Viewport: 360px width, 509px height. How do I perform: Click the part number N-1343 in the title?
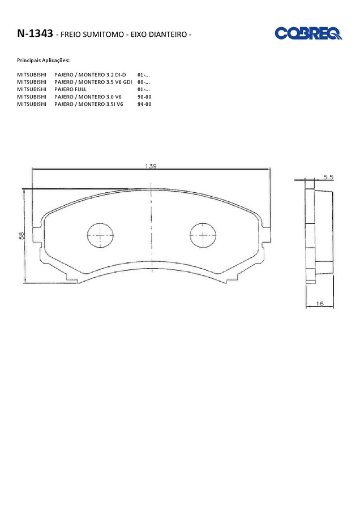point(35,33)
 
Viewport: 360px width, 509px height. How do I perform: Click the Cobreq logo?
point(308,33)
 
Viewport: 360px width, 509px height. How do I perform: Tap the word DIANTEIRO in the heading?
point(168,34)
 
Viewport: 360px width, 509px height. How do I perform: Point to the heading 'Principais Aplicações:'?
point(43,61)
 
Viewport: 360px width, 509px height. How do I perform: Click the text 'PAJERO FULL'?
point(71,89)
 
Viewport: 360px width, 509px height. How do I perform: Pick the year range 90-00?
point(144,97)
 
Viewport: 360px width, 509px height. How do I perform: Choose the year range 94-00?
point(144,104)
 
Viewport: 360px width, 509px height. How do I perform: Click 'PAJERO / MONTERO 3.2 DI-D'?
point(90,75)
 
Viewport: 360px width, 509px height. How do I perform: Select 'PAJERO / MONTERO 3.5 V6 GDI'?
point(93,82)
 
